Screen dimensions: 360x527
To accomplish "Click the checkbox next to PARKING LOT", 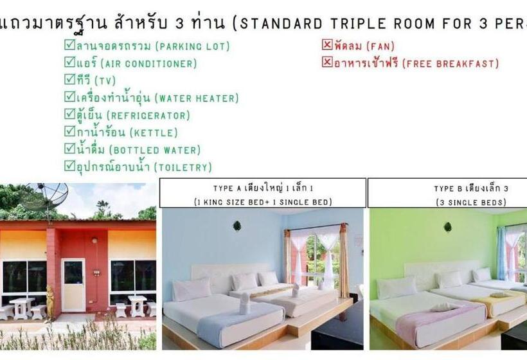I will coord(69,46).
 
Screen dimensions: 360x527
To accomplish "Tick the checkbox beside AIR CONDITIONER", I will coord(69,63).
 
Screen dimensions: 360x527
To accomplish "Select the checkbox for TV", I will coord(69,80).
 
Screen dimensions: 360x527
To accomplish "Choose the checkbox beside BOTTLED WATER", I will coord(69,149).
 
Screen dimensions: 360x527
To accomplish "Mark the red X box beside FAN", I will coord(327,46).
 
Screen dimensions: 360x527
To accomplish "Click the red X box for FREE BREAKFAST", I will coord(327,63).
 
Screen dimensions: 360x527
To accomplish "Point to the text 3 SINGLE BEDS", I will coord(470,202).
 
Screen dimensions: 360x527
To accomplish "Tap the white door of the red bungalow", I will coord(73,284).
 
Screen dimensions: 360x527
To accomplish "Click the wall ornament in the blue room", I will coord(237,226).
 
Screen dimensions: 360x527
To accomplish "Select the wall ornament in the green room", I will coord(447,227).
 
